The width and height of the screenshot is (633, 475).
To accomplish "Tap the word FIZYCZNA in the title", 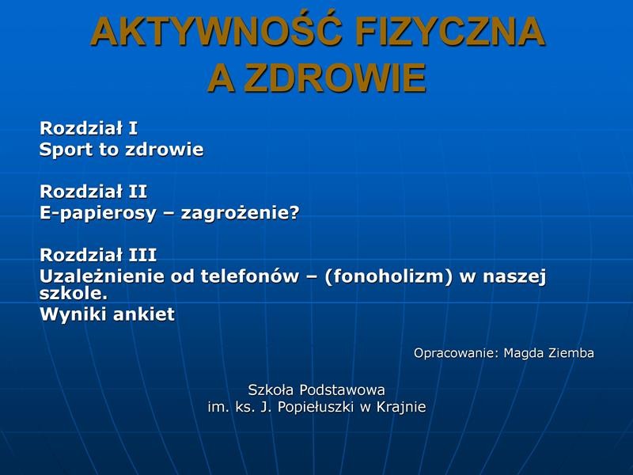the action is (450, 32).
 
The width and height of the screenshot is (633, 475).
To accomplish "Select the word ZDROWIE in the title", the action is (335, 78).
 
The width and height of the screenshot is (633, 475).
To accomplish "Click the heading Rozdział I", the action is (89, 128).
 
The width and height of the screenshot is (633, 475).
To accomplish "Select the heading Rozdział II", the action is (93, 192).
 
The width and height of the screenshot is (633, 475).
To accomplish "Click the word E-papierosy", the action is (97, 214).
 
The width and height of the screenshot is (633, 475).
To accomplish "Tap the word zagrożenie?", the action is (241, 213).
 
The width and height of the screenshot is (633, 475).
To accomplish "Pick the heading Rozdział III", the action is (98, 255).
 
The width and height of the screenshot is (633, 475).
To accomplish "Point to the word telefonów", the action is (249, 276).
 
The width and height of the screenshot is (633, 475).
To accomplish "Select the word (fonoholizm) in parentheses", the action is (388, 276).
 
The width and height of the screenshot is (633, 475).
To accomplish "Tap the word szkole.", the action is (74, 293).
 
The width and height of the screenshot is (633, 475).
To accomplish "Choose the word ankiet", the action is (144, 314).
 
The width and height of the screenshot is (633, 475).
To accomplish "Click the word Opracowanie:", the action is (457, 353).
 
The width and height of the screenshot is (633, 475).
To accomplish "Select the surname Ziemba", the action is (571, 352).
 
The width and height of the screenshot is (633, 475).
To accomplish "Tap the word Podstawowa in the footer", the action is (343, 389).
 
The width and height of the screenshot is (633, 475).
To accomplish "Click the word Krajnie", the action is (401, 407).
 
